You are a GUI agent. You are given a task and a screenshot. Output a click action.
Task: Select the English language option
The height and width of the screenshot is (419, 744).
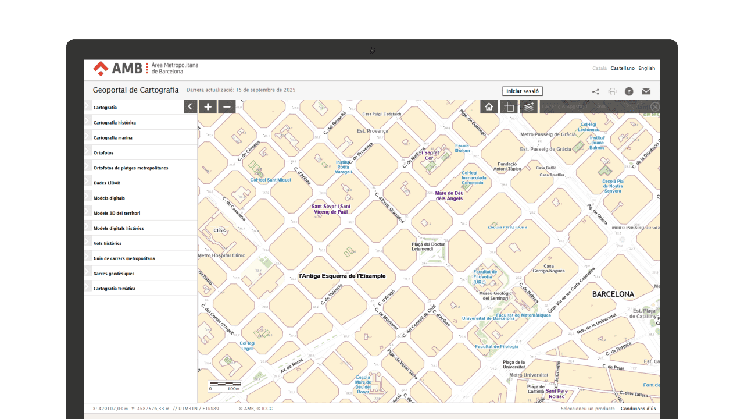click(x=646, y=68)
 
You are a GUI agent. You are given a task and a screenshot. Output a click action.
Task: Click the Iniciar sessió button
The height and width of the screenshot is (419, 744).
click(x=522, y=91)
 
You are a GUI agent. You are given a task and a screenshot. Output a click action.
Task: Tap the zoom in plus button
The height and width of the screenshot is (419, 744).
click(x=208, y=106)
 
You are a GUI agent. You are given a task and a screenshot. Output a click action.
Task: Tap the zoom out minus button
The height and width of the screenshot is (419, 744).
click(x=227, y=106)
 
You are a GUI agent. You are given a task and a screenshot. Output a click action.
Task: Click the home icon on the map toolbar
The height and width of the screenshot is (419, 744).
click(x=489, y=106)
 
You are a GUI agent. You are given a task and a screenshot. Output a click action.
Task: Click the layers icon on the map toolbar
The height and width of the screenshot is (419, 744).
click(x=528, y=106)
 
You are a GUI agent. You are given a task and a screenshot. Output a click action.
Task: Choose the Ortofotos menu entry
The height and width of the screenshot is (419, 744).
click(x=103, y=153)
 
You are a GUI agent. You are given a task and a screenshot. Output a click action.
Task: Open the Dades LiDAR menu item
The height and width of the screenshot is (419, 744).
click(x=106, y=183)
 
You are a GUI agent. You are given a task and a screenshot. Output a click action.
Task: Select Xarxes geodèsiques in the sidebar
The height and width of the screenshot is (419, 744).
click(x=114, y=274)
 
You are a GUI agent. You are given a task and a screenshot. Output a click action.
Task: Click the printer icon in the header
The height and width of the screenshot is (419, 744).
click(x=612, y=91)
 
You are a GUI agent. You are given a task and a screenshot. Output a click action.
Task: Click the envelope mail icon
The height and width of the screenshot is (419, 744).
click(x=646, y=91)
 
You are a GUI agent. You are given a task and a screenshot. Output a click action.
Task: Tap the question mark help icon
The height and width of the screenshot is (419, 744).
click(x=629, y=91)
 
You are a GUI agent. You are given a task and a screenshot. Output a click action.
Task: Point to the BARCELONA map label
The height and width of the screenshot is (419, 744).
click(x=613, y=294)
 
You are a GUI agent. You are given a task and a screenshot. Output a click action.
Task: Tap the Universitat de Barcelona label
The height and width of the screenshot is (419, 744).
click(x=488, y=318)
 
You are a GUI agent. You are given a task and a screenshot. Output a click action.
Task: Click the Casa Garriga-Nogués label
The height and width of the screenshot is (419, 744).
click(x=549, y=268)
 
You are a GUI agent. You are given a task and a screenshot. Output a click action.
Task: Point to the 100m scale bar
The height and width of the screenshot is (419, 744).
click(x=225, y=386)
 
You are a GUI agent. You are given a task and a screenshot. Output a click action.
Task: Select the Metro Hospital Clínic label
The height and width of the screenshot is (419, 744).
click(x=221, y=255)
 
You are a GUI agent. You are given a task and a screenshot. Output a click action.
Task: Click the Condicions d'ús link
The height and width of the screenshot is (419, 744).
click(x=638, y=409)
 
